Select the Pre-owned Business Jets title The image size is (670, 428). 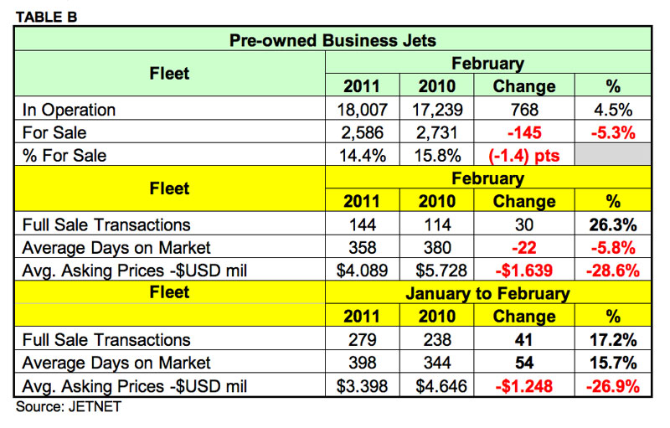[x=333, y=39]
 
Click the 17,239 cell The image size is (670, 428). [x=437, y=110]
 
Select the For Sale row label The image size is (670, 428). [x=55, y=132]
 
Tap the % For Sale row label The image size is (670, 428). [x=66, y=155]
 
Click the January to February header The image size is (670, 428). [x=487, y=293]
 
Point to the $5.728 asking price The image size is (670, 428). [x=437, y=270]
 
